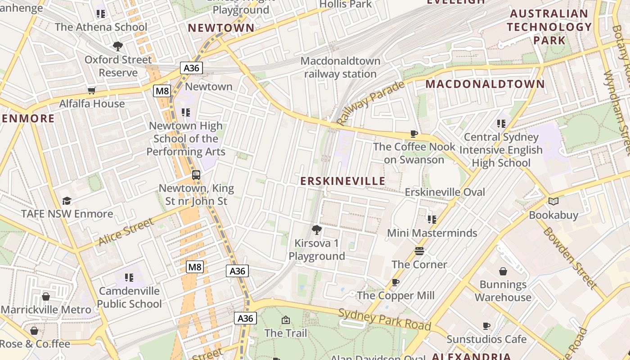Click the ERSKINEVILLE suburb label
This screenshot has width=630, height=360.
click(343, 181)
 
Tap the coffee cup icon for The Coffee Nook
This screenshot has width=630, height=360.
click(414, 134)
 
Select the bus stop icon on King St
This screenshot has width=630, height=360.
click(196, 175)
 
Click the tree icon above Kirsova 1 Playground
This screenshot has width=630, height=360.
click(317, 230)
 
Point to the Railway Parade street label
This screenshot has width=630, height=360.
click(364, 103)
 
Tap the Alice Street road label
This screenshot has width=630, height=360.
click(126, 232)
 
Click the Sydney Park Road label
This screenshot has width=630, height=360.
click(385, 319)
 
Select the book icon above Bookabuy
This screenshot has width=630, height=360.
click(553, 202)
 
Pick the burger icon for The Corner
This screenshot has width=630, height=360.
click(419, 251)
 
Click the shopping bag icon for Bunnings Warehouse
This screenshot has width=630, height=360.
click(503, 271)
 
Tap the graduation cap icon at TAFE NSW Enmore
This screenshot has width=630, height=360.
click(67, 201)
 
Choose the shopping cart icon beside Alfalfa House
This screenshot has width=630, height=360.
click(92, 90)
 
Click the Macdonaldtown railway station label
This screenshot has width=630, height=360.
click(340, 67)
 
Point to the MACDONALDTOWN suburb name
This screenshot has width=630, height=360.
click(485, 84)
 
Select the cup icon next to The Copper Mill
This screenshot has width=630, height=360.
click(396, 282)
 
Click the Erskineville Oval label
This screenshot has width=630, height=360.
click(445, 192)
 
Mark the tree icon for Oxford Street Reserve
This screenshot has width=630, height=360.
click(118, 46)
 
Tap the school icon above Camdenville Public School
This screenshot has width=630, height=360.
click(129, 278)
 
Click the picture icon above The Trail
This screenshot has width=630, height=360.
click(286, 320)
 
